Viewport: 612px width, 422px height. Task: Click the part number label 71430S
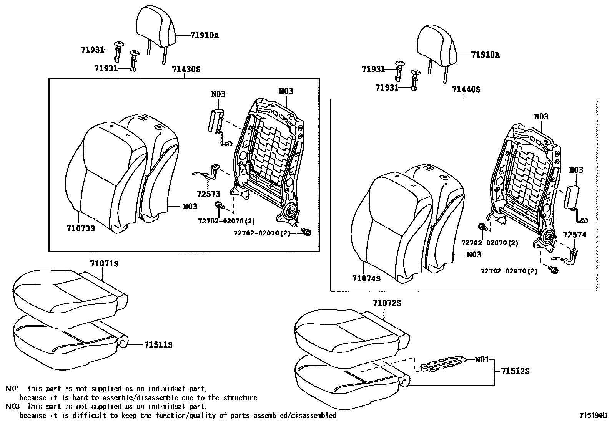pos(186,70)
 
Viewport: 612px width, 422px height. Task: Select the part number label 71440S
pos(466,89)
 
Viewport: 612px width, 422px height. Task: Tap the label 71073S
pos(81,228)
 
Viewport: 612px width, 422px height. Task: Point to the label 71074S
pos(366,278)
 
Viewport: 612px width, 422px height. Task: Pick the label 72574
pos(575,235)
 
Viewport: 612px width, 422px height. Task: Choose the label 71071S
pos(104,264)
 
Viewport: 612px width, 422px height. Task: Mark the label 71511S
pos(158,345)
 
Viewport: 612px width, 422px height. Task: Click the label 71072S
pos(387,303)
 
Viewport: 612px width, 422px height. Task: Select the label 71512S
pos(515,371)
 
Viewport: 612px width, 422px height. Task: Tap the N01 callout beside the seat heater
pos(482,360)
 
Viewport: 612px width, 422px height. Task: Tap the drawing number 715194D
pos(594,415)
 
